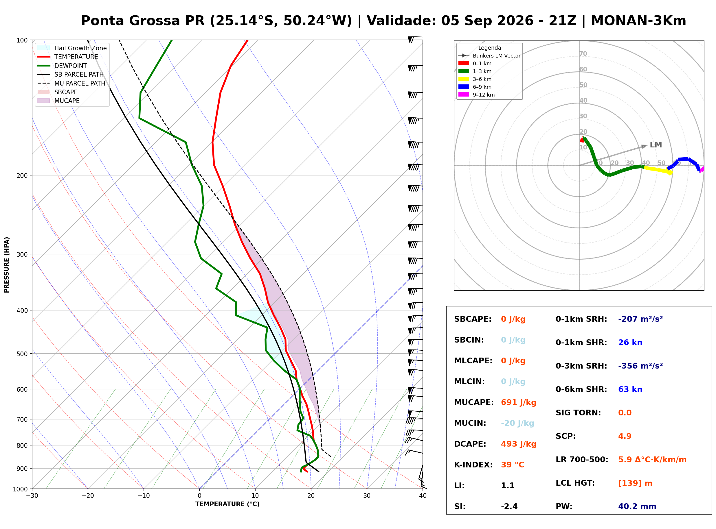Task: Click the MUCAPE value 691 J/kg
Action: (518, 402)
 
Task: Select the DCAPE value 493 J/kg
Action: (518, 444)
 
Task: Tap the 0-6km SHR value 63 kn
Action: (630, 389)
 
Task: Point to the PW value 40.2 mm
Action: (637, 506)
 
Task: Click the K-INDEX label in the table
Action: (473, 465)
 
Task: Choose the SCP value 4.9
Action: (625, 436)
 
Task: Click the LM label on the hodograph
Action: (656, 145)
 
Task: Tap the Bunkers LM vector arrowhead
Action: (645, 146)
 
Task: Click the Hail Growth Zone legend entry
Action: (72, 48)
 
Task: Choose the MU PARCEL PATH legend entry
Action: (72, 83)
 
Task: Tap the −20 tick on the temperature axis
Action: (88, 496)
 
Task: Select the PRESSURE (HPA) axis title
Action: (7, 264)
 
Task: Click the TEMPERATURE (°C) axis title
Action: (227, 504)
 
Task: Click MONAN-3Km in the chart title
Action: (638, 21)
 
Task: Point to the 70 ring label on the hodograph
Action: (583, 53)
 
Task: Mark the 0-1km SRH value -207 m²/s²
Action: (640, 319)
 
